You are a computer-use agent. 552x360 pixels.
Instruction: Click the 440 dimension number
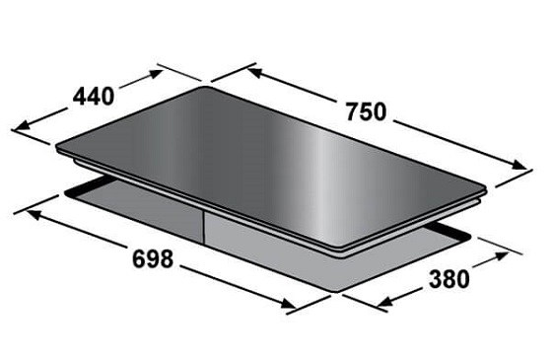(x=94, y=97)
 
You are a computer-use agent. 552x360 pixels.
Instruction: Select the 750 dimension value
(x=366, y=112)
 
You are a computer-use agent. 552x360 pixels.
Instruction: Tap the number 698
(x=153, y=258)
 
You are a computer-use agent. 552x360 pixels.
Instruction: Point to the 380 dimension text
(x=449, y=279)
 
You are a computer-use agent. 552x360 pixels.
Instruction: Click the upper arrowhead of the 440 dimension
(x=156, y=74)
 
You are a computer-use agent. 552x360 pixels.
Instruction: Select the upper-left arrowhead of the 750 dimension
(x=254, y=72)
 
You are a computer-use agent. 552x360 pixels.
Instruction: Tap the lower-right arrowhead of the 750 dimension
(x=519, y=165)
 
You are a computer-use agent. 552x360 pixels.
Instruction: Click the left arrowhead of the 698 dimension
(x=34, y=214)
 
